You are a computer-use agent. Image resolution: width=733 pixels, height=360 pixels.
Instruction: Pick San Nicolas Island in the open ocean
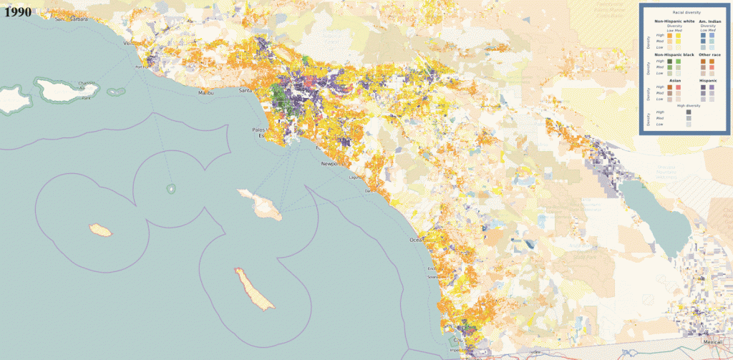(100, 230)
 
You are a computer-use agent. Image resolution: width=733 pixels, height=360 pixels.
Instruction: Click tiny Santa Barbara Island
(171, 188)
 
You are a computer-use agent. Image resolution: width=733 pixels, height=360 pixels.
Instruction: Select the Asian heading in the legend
(674, 80)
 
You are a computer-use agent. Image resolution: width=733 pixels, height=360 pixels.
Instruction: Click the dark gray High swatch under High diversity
(688, 112)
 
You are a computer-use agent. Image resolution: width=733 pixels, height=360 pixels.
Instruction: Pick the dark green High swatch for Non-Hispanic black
(670, 62)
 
